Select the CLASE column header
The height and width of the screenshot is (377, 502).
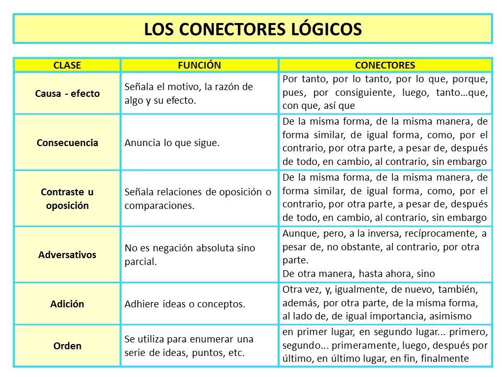pos(68,65)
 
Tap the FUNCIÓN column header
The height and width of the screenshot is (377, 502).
pos(200,65)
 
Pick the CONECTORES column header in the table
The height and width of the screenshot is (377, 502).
pos(385,65)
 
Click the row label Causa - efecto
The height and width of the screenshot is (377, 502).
pos(68,93)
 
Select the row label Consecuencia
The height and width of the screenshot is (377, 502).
pos(68,143)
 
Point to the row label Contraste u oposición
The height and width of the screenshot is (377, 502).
pos(68,199)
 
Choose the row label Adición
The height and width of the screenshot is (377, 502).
pos(68,304)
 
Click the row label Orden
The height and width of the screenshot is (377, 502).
pos(68,346)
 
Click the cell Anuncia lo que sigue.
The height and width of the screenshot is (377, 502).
pos(171,143)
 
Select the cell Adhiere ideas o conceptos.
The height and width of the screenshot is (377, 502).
pos(185,304)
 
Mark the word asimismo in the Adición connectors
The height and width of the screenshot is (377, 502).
pos(453,316)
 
